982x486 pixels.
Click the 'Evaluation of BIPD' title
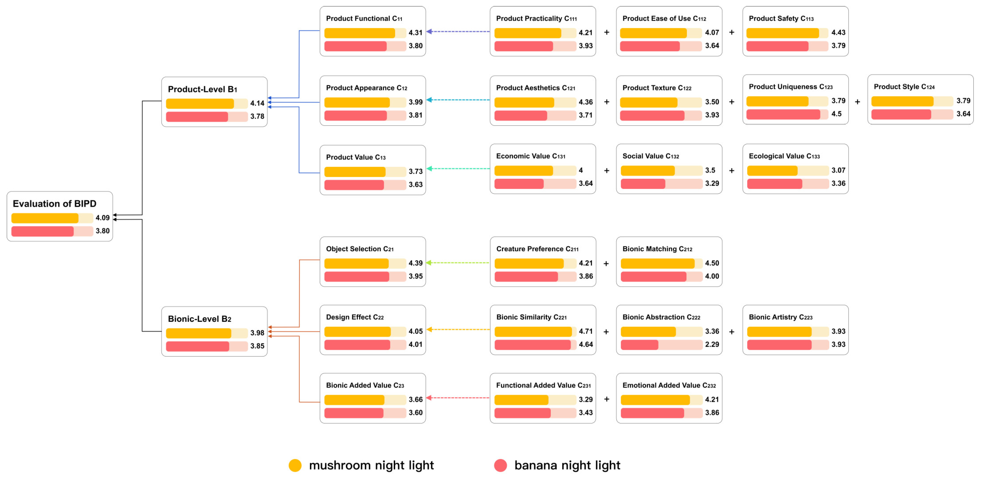(x=55, y=204)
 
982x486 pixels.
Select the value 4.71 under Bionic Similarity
(x=586, y=331)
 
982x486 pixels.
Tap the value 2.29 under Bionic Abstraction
(x=712, y=344)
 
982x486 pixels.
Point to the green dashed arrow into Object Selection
(x=457, y=263)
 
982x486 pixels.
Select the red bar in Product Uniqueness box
(x=783, y=114)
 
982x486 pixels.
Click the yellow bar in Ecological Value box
(x=772, y=170)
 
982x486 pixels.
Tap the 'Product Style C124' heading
(x=904, y=87)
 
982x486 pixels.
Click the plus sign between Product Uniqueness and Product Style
(x=857, y=102)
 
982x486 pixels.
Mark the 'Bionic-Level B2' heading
(x=199, y=319)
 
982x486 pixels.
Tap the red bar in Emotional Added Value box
(x=652, y=413)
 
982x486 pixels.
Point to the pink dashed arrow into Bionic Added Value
(x=457, y=397)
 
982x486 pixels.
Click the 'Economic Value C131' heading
(x=531, y=156)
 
